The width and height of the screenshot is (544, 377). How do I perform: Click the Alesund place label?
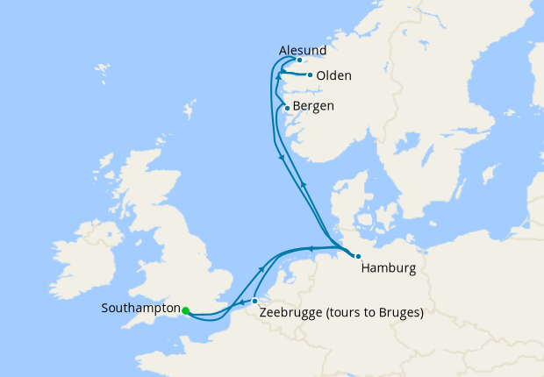(302, 51)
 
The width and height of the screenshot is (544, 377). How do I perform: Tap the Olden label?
(333, 75)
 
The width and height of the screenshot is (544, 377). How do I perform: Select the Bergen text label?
(313, 107)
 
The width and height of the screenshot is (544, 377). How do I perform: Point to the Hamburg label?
(388, 269)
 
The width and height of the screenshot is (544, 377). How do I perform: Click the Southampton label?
(140, 309)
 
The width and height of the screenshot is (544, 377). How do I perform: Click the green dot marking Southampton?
(186, 309)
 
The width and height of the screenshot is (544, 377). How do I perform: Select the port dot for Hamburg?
(358, 255)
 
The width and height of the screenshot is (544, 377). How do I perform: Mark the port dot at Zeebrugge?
(255, 301)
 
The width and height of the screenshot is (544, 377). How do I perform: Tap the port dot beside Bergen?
(287, 108)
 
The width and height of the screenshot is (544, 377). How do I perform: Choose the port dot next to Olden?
(310, 75)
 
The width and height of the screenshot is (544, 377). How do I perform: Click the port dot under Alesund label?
(300, 60)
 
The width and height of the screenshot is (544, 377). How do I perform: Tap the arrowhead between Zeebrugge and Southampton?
(240, 302)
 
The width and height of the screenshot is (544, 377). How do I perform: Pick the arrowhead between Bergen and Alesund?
(278, 77)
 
